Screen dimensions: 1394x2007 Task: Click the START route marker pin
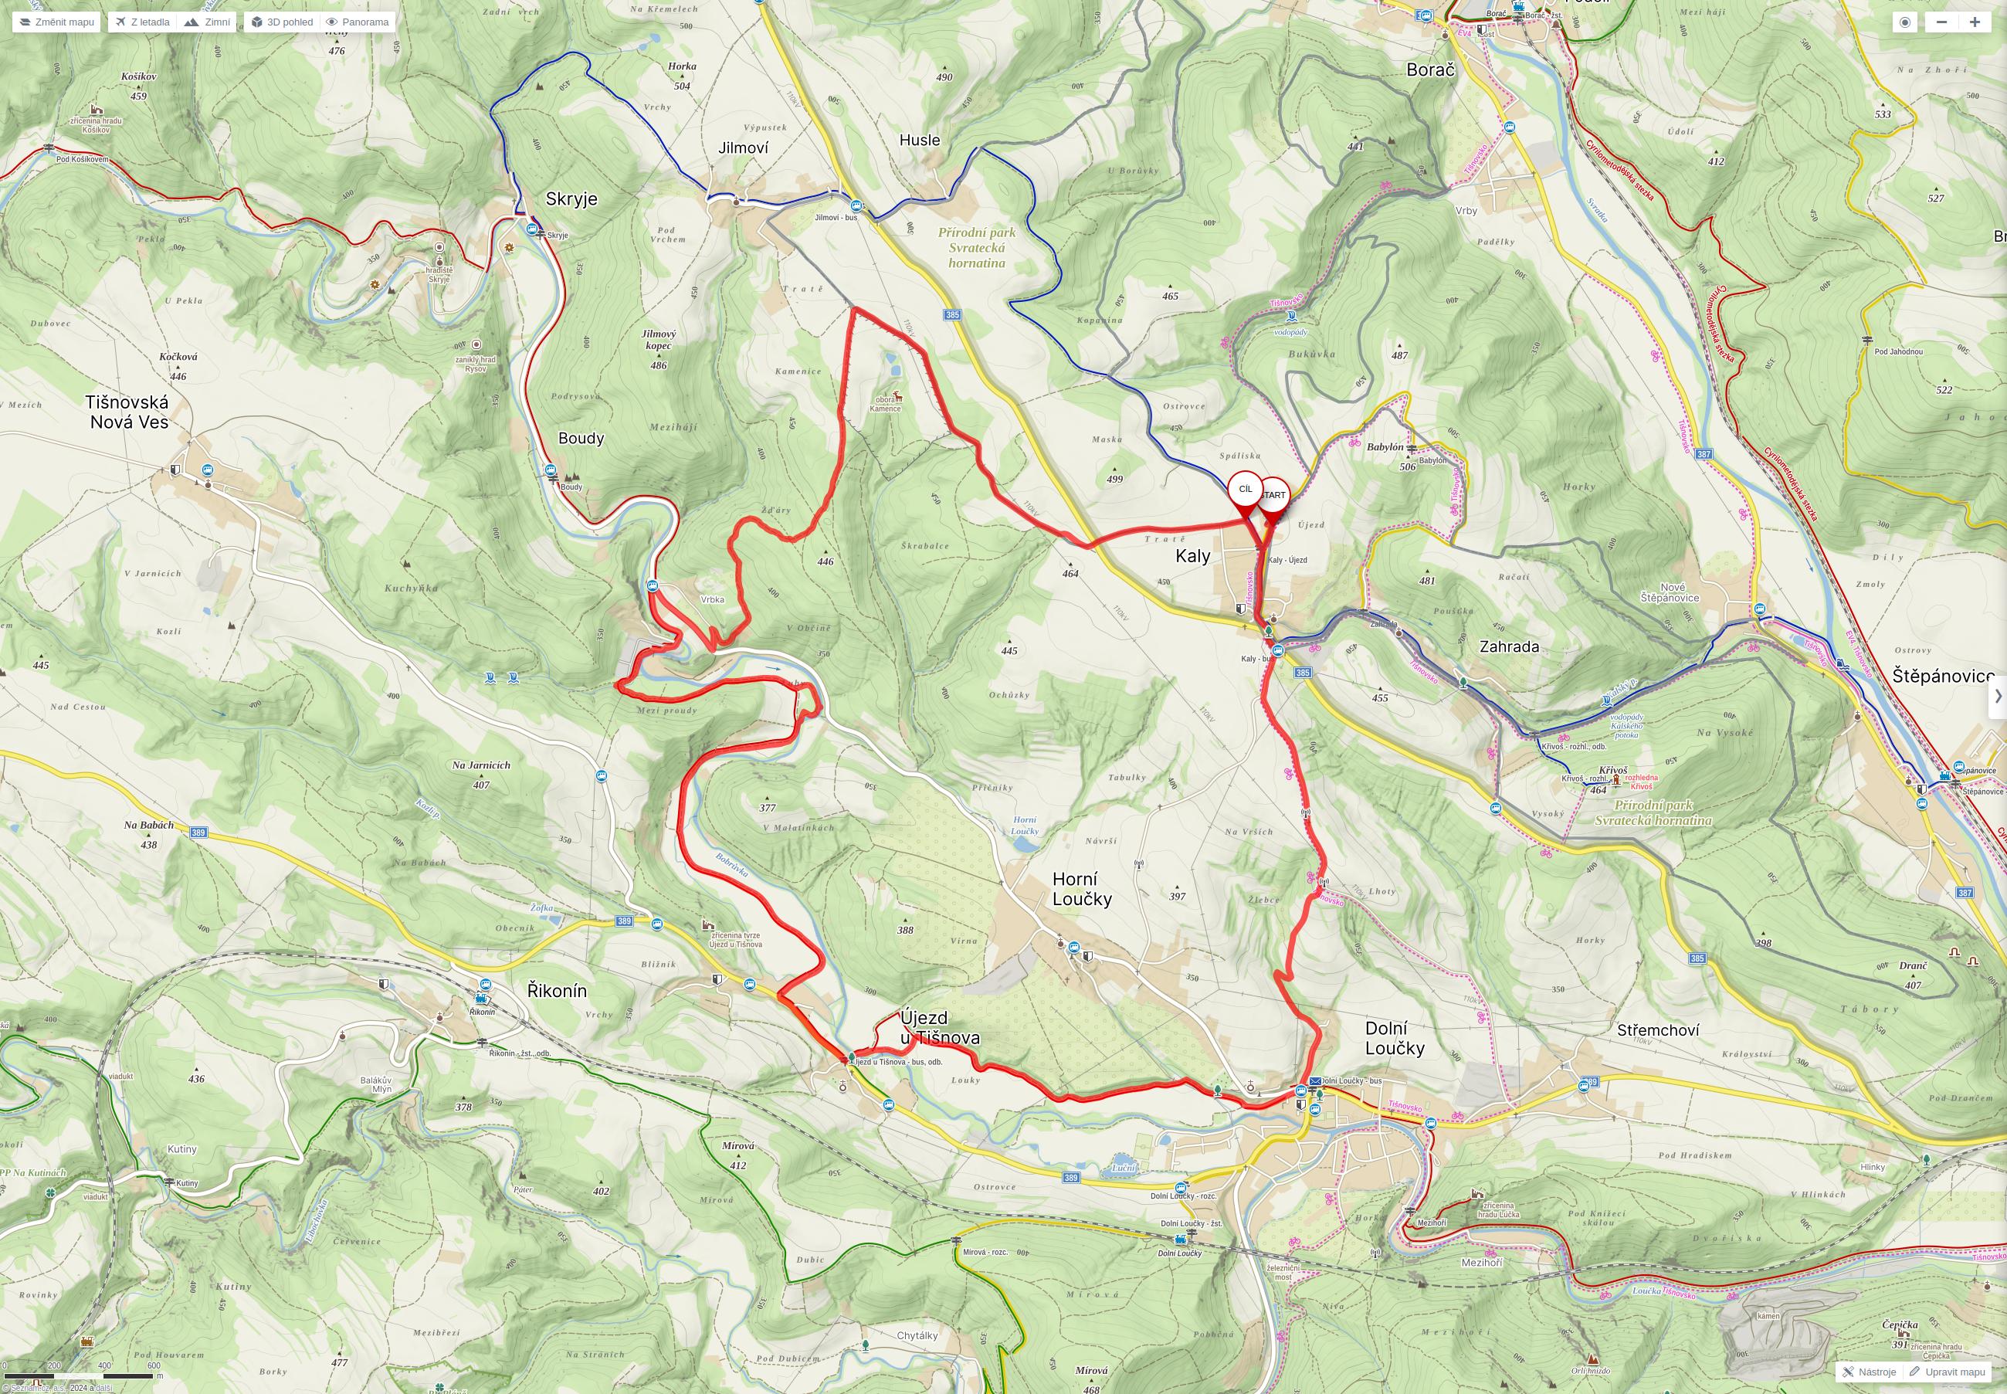[x=1274, y=496]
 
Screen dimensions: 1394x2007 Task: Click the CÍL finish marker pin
[x=1246, y=490]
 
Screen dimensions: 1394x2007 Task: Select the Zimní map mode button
[x=208, y=22]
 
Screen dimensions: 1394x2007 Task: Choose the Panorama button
[x=358, y=22]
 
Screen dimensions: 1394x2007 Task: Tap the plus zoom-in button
[x=1974, y=22]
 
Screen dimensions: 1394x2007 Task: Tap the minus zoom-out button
[x=1941, y=22]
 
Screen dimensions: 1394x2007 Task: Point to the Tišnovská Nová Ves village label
[x=127, y=412]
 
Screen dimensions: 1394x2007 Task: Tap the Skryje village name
[x=571, y=199]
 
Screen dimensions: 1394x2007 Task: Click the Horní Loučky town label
[x=1081, y=889]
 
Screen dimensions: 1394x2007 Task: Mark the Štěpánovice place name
[x=1943, y=676]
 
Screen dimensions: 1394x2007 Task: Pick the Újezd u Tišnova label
[x=939, y=1027]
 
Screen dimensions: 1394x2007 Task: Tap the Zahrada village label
[x=1508, y=646]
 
